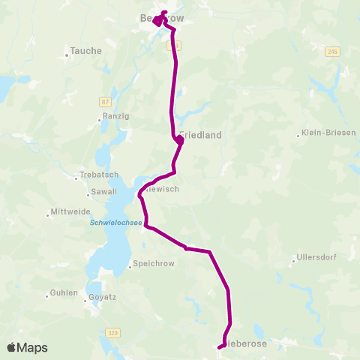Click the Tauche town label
click(x=85, y=52)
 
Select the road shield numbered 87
click(x=104, y=100)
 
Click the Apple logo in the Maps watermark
click(x=12, y=347)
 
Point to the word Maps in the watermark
click(x=33, y=348)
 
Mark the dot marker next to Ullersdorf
click(x=294, y=262)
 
